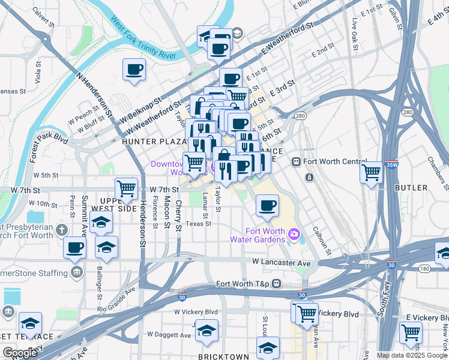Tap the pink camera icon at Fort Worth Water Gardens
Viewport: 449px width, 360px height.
click(294, 233)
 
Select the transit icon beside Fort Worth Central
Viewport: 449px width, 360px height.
click(296, 162)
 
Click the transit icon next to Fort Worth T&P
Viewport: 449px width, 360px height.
click(277, 283)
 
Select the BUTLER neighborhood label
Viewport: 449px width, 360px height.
click(411, 188)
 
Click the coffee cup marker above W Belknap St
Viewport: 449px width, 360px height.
click(134, 69)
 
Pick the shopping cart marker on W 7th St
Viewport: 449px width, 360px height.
click(127, 188)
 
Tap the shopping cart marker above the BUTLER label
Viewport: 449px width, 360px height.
click(372, 173)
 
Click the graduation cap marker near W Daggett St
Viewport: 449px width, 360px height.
click(206, 332)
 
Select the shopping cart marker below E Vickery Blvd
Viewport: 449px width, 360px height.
click(411, 332)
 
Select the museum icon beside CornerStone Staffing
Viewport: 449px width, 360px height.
click(76, 274)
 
